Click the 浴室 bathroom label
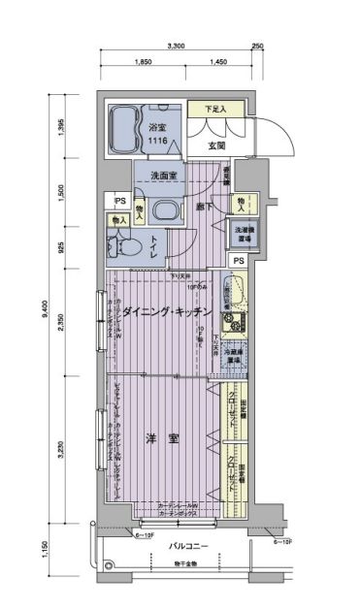[x=158, y=126]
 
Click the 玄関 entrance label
[x=216, y=145]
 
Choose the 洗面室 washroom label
[x=163, y=176]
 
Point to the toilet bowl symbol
[x=128, y=246]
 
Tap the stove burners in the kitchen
[x=233, y=321]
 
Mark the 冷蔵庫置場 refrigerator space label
[x=233, y=356]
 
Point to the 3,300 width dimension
[x=177, y=46]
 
